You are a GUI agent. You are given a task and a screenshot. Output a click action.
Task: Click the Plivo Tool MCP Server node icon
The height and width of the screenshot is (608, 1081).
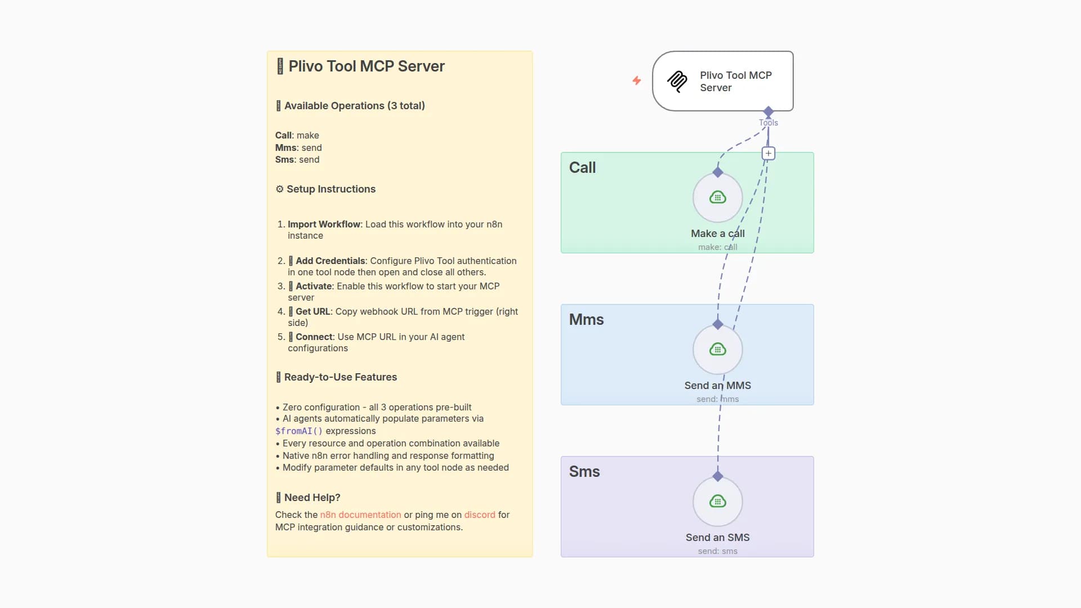[x=677, y=82]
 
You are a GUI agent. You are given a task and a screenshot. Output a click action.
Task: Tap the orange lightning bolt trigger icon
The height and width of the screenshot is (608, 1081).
[x=637, y=81]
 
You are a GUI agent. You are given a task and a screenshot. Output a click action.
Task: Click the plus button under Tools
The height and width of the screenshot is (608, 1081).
[x=769, y=153]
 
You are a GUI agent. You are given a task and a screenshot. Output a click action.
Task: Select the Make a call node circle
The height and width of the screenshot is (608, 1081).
[x=717, y=198]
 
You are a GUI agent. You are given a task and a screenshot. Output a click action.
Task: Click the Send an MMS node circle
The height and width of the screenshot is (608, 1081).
[x=717, y=350]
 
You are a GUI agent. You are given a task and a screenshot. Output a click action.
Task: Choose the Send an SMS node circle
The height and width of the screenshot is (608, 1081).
[x=717, y=502]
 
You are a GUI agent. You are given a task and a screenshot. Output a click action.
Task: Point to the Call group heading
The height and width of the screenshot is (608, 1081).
[x=582, y=168]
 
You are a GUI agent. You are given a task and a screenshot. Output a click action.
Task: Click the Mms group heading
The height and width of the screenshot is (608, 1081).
[x=586, y=320]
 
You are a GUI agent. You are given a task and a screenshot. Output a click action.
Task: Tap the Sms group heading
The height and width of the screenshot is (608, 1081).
[x=584, y=472]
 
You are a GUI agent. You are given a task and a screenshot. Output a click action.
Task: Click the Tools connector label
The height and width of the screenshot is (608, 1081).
[x=769, y=123]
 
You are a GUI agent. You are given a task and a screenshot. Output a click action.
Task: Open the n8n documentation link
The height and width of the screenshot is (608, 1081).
[x=360, y=515]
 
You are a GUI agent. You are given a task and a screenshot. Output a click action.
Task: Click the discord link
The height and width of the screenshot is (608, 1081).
[x=480, y=515]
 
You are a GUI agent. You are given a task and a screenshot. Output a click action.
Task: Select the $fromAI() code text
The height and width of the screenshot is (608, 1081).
[x=298, y=431]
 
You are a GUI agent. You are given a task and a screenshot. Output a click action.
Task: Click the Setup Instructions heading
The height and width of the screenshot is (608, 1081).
[x=330, y=189]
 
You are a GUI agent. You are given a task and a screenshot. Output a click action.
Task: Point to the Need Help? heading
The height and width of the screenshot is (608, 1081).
[x=312, y=498]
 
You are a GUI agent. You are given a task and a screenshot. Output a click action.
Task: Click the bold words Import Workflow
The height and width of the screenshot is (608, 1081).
[x=324, y=224]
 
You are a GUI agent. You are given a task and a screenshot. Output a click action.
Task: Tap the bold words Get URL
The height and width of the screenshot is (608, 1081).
[x=312, y=311]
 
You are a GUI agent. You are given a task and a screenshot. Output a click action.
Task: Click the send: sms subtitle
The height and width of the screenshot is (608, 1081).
[x=717, y=551]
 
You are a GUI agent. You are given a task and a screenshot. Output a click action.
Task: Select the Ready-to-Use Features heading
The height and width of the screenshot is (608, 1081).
[x=340, y=377]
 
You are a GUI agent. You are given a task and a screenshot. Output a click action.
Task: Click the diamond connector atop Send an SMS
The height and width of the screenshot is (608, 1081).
[x=717, y=477]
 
